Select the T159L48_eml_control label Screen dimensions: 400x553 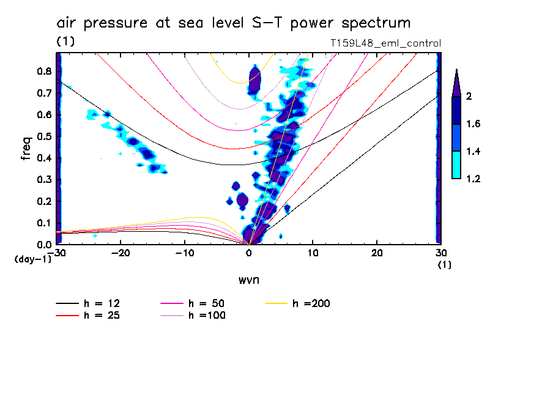[385, 43]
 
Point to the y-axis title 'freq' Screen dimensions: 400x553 [26, 149]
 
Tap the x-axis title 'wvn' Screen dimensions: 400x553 [249, 280]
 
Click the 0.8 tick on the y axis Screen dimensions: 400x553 [43, 71]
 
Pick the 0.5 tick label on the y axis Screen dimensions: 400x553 [43, 136]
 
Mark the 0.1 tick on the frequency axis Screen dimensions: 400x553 [43, 223]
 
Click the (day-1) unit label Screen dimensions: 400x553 [33, 259]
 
